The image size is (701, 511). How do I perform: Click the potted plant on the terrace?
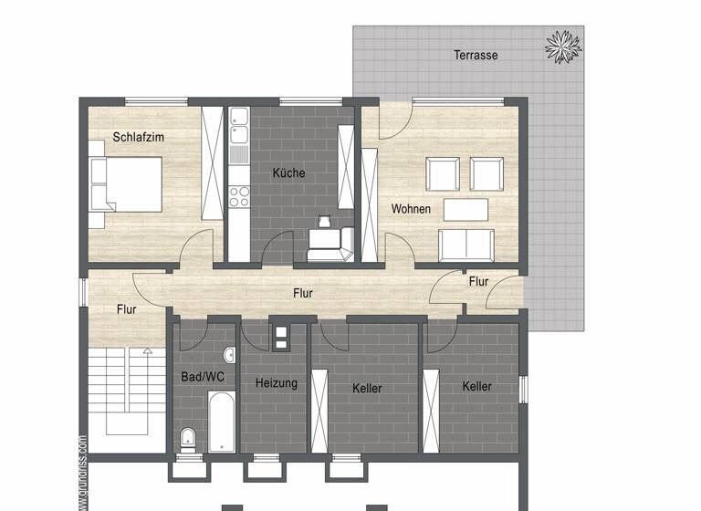[x=561, y=46]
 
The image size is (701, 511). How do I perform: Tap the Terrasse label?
[x=476, y=55]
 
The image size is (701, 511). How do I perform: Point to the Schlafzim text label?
[x=139, y=138]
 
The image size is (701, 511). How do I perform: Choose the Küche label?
[x=288, y=172]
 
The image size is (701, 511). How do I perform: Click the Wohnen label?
[x=411, y=209]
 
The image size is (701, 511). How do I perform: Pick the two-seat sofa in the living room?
[x=466, y=244]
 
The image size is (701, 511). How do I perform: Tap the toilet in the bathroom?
[x=187, y=439]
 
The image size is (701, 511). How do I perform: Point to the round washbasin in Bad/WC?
[x=228, y=355]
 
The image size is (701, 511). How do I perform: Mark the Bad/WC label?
[x=203, y=376]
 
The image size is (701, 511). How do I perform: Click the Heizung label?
[x=277, y=383]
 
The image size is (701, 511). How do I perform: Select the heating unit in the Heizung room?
[x=281, y=338]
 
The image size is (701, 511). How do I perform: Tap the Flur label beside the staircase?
[x=127, y=309]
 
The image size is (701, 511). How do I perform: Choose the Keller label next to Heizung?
[x=367, y=388]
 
